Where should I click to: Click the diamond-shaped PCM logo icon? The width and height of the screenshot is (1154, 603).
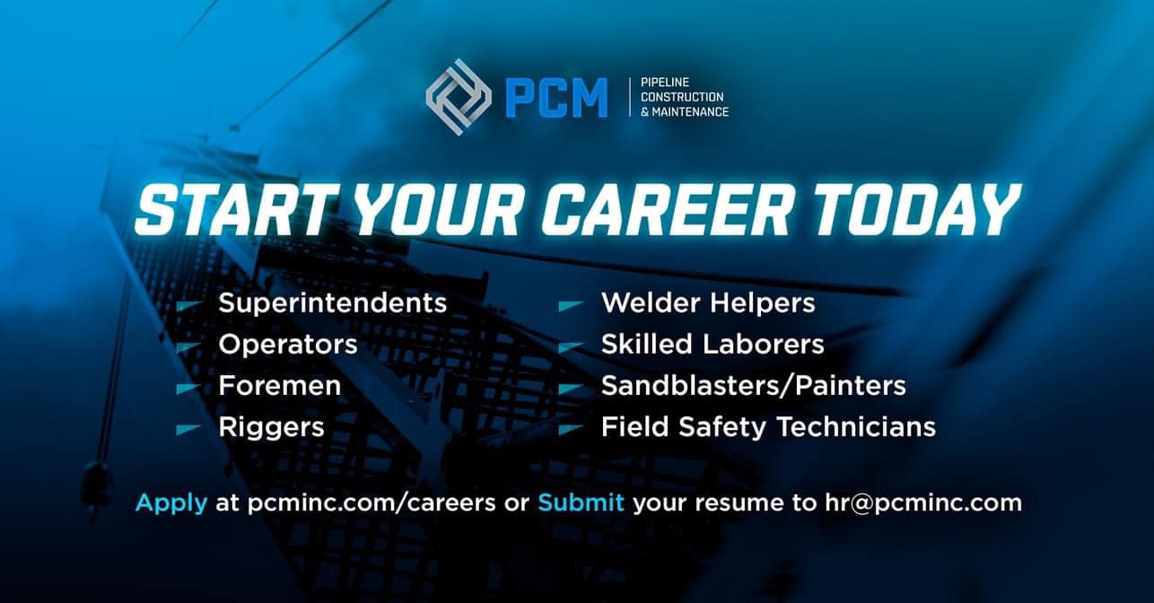tap(459, 97)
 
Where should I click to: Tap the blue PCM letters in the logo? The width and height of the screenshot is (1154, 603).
tap(555, 97)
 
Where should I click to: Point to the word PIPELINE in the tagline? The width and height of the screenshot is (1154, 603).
tap(665, 83)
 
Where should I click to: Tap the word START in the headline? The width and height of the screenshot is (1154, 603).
tap(232, 210)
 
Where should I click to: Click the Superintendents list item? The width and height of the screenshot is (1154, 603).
tap(332, 302)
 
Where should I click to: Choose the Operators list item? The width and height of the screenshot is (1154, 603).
tap(288, 345)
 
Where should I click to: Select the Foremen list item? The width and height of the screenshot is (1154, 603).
tap(280, 386)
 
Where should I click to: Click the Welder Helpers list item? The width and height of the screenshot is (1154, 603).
tap(708, 302)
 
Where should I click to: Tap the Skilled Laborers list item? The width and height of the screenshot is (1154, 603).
tap(713, 344)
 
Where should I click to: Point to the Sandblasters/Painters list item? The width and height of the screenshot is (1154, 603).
tap(754, 386)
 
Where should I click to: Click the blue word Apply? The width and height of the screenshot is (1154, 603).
tap(171, 503)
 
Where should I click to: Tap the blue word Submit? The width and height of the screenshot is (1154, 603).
tap(581, 502)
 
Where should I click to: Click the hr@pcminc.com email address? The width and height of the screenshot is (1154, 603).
tap(923, 502)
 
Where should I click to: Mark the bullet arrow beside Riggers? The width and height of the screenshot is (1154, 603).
tap(188, 429)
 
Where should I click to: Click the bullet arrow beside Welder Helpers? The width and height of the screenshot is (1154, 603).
tap(572, 306)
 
